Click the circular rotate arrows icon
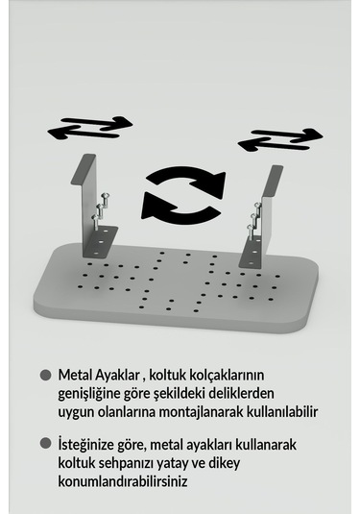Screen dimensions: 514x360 click(182, 192)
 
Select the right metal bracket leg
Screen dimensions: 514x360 click(263, 215)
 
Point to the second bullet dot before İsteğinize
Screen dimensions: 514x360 click(44, 444)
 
